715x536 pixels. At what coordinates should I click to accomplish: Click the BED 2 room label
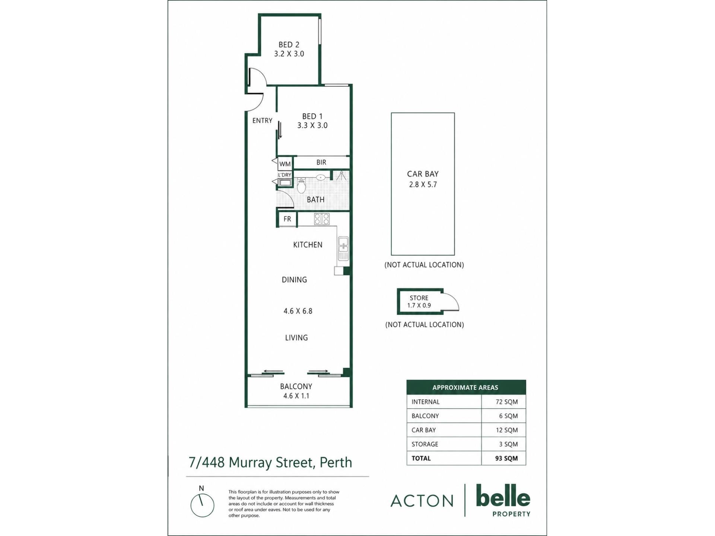tap(289, 45)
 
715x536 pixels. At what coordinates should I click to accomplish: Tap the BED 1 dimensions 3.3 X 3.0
tap(312, 125)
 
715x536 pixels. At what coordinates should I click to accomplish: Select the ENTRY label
tap(262, 121)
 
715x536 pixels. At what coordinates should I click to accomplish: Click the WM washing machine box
tap(285, 164)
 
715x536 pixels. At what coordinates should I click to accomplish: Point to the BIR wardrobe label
tap(321, 162)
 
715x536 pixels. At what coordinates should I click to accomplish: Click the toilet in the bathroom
tap(301, 185)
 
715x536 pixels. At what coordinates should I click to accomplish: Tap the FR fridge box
tap(287, 219)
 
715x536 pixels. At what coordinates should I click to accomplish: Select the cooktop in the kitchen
tap(322, 219)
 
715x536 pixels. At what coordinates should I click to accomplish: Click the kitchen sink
tap(343, 248)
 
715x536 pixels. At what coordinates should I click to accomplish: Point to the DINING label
tap(294, 280)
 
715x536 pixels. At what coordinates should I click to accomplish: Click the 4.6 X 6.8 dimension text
tap(298, 311)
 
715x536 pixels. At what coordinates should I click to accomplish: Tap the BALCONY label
tap(296, 386)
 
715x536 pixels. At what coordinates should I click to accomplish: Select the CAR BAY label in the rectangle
tap(423, 174)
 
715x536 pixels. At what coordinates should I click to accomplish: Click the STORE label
tap(419, 298)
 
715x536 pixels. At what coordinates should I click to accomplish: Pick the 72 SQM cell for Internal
tap(506, 402)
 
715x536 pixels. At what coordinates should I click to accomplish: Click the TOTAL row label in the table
tap(421, 458)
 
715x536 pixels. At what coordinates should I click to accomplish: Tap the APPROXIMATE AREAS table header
tap(465, 387)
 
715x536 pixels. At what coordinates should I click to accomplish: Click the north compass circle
tap(202, 505)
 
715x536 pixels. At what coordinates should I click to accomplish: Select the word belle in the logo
tap(503, 496)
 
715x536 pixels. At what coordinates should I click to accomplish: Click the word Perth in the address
tap(336, 462)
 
